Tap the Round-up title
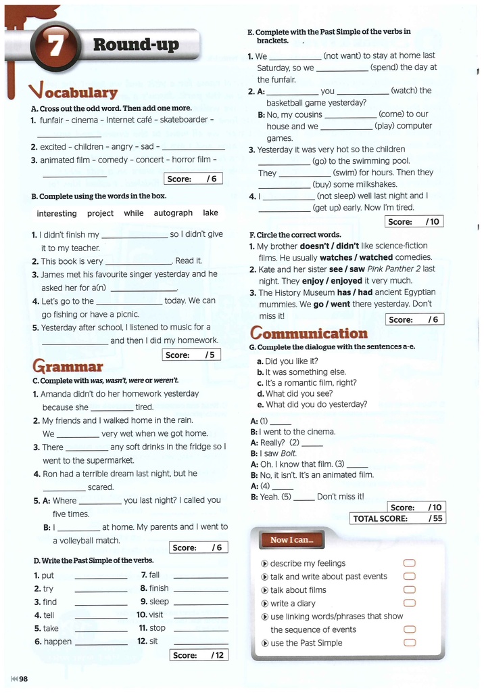[x=136, y=45]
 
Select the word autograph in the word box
[x=173, y=213]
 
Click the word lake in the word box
[x=211, y=213]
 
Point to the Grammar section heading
[x=68, y=367]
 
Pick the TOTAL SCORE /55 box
[x=397, y=518]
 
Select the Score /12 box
[x=199, y=655]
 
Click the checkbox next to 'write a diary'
[x=408, y=603]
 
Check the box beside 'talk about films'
[x=408, y=590]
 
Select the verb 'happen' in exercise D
[x=57, y=642]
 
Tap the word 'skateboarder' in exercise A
[x=183, y=120]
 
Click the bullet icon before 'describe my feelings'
[x=264, y=564]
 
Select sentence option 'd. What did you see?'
[x=294, y=393]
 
